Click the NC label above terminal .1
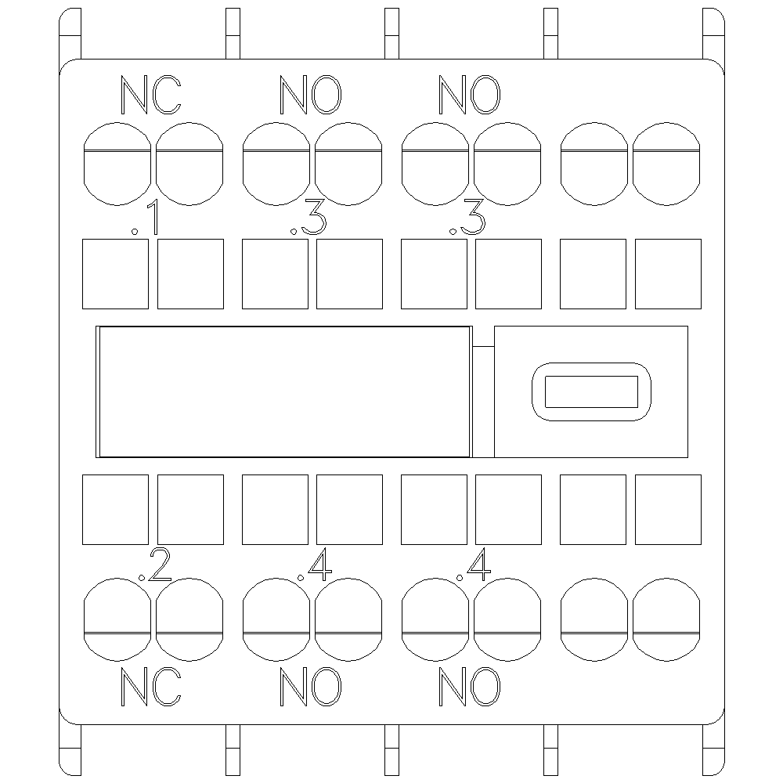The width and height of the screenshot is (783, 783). [x=151, y=95]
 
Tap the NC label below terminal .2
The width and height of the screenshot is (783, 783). [x=151, y=687]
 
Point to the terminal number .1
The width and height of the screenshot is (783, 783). [x=146, y=218]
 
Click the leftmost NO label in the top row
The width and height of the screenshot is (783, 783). [x=311, y=95]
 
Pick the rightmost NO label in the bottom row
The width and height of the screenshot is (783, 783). [x=469, y=687]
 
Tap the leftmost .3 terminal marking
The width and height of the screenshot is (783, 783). [x=308, y=218]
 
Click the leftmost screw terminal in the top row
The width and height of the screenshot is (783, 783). [x=117, y=164]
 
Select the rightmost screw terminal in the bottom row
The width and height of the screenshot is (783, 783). [x=666, y=619]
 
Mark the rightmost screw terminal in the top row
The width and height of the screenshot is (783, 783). [x=666, y=164]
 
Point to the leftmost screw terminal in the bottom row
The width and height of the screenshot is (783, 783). [x=117, y=619]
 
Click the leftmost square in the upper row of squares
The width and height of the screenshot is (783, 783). [x=115, y=273]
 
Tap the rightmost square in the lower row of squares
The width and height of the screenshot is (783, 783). [x=668, y=510]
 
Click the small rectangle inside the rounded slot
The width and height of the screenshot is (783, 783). [x=591, y=392]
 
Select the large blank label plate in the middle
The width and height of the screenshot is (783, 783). [x=283, y=392]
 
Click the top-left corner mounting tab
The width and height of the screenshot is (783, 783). [x=70, y=34]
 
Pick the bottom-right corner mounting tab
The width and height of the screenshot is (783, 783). [x=713, y=749]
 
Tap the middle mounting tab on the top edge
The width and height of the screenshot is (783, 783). [x=392, y=34]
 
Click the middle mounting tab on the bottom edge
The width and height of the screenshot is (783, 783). [x=392, y=749]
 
